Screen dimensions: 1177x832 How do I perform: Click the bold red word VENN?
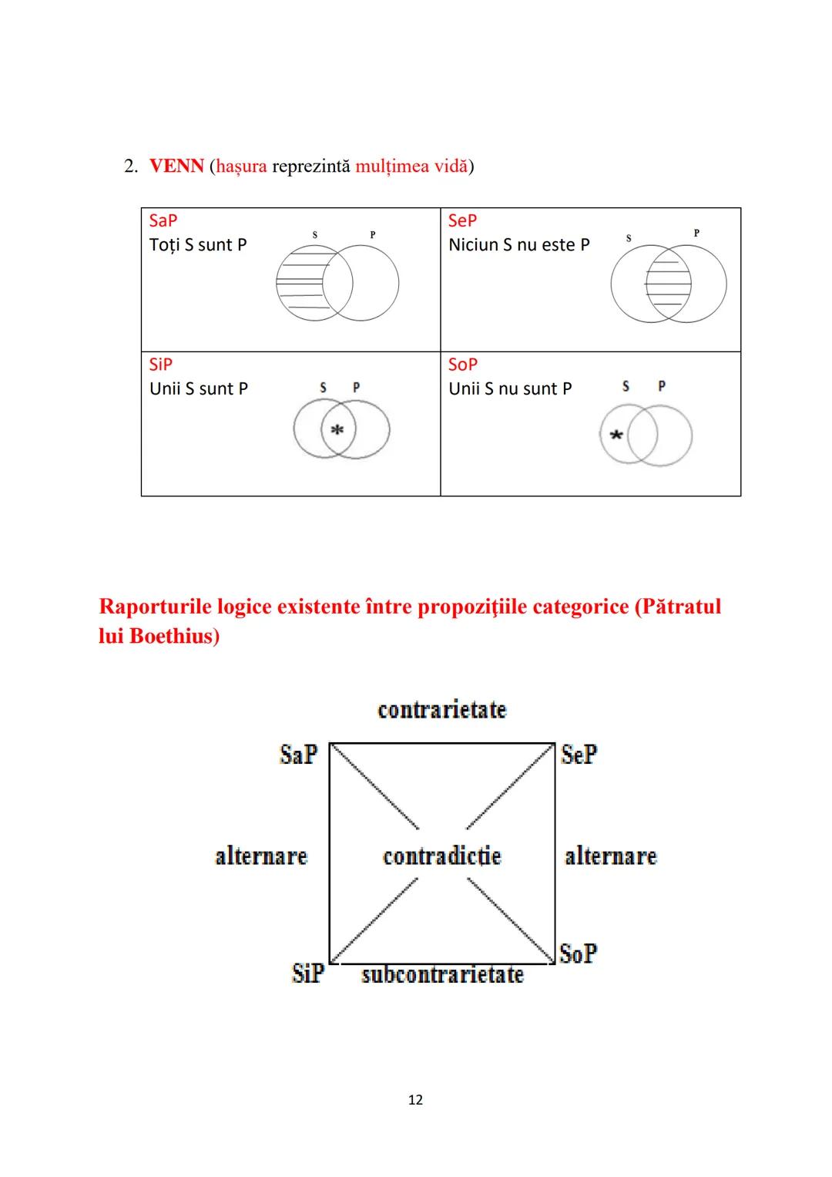point(176,166)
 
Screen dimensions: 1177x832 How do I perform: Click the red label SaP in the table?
point(163,220)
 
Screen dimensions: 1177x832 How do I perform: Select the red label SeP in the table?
point(462,220)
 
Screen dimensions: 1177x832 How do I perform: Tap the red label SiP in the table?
point(161,365)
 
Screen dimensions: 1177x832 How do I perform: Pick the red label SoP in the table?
point(462,365)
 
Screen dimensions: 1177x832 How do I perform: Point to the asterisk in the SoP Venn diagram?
point(616,436)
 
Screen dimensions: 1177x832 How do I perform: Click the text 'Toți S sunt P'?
point(198,245)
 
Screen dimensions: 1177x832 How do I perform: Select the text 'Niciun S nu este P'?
point(518,245)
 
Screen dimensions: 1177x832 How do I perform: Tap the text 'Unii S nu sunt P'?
point(510,389)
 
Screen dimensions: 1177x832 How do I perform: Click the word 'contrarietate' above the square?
point(442,709)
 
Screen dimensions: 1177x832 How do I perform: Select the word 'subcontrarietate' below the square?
point(442,975)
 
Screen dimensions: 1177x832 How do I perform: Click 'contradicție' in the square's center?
point(442,856)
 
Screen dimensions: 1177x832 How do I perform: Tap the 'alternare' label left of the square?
point(261,856)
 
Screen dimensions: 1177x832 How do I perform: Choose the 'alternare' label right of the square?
point(611,856)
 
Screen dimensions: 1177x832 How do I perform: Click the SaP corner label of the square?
point(298,754)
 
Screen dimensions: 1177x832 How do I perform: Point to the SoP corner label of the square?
point(579,953)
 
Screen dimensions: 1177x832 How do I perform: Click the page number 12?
point(415,1100)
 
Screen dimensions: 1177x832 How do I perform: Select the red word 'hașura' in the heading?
point(241,166)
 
